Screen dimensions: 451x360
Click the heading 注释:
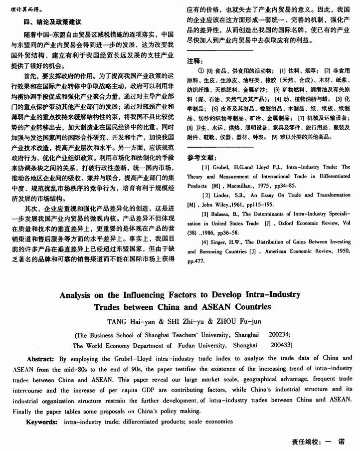(x=194, y=60)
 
